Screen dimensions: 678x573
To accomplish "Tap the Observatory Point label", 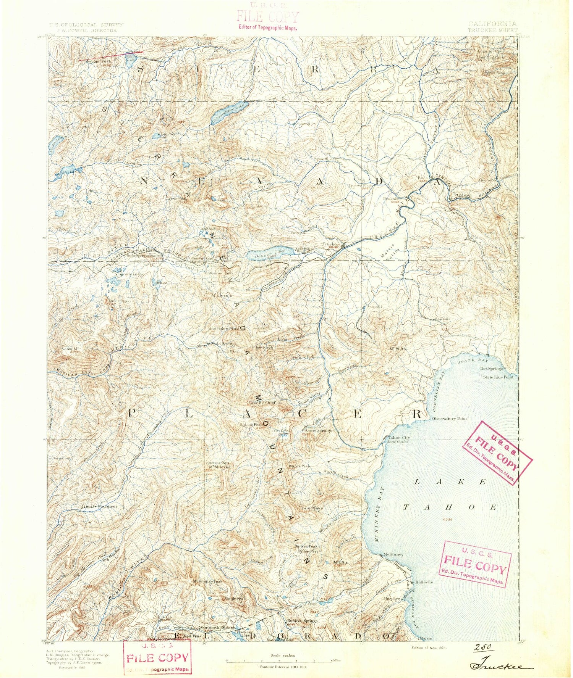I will [x=449, y=419].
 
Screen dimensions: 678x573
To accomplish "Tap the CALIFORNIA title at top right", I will [x=493, y=24].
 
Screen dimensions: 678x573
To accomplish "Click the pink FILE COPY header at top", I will [x=267, y=18].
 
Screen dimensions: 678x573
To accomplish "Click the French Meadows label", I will [x=100, y=506].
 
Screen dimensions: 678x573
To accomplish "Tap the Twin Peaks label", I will [x=312, y=508].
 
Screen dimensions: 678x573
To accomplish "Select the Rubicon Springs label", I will [x=302, y=621].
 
